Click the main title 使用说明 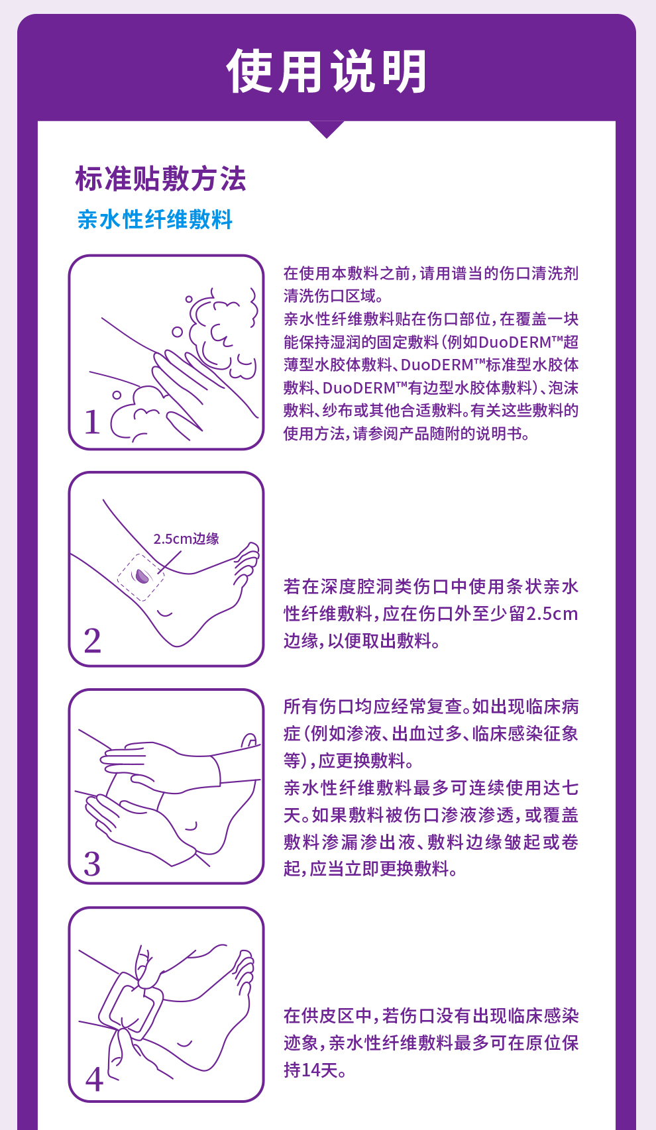327,72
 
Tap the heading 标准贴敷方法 160,179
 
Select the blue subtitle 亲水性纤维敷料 155,219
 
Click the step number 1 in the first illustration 92,422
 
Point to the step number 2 92,640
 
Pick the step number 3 92,864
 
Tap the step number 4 94,1080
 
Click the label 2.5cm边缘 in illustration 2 186,539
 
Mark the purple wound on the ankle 142,576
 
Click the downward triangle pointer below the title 327,128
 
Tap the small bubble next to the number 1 117,395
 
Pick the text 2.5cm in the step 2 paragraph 552,614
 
